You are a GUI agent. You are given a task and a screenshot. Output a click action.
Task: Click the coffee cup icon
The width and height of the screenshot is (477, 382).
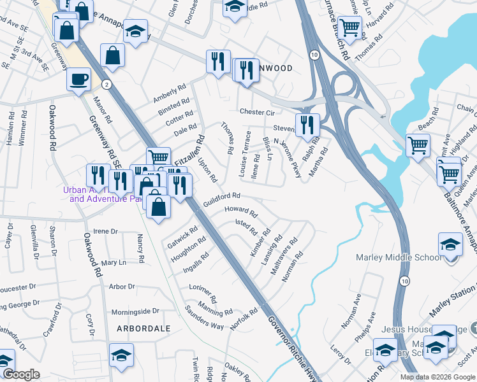pyautogui.click(x=79, y=80)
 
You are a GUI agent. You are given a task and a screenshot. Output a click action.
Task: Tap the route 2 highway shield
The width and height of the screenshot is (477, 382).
pyautogui.click(x=108, y=85)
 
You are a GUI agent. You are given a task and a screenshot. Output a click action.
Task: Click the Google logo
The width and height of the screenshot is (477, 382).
pyautogui.click(x=21, y=374)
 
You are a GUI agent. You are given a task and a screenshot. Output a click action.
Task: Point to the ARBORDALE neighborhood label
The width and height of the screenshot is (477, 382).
pyautogui.click(x=143, y=329)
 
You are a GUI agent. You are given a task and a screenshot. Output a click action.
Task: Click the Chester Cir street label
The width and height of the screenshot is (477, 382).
pyautogui.click(x=256, y=113)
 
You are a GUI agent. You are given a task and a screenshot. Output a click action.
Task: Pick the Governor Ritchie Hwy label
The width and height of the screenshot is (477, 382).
pyautogui.click(x=291, y=342)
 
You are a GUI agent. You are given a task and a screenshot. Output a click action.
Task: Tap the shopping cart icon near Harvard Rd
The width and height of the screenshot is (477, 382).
pyautogui.click(x=350, y=27)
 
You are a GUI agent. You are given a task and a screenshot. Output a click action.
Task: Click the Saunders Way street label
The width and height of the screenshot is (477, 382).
pyautogui.click(x=204, y=321)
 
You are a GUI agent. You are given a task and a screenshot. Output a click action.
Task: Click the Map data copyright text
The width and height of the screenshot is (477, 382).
pyautogui.click(x=437, y=377)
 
